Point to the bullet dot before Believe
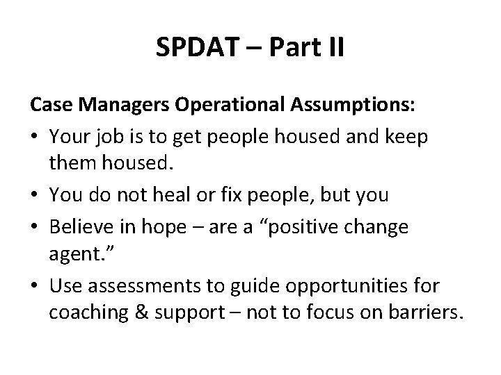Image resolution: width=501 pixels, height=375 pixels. coord(35,225)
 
